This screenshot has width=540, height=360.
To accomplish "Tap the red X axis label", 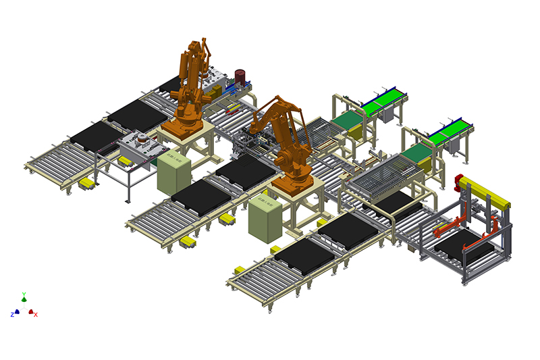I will pyautogui.click(x=36, y=315).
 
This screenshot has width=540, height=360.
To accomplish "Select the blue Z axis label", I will pyautogui.click(x=13, y=315).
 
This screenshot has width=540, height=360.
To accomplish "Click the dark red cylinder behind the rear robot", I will pyautogui.click(x=240, y=76).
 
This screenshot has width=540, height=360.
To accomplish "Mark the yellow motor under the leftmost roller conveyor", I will pyautogui.click(x=87, y=184).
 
